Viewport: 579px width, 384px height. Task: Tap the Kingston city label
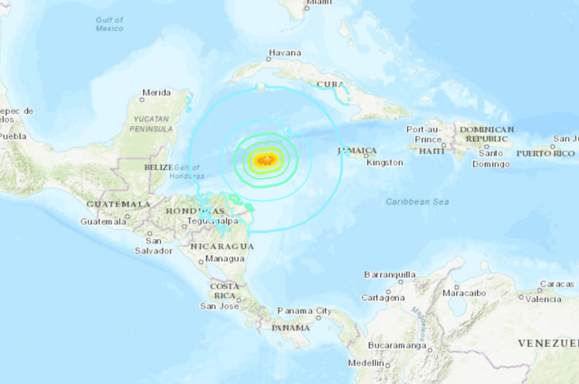click(385, 162)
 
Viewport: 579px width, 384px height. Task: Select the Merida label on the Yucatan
click(156, 91)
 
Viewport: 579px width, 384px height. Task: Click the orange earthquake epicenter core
click(265, 160)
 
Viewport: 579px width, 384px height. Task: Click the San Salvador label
click(155, 245)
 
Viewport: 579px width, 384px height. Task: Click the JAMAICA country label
click(356, 150)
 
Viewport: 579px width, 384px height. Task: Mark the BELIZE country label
click(158, 168)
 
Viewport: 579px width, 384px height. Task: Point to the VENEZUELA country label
click(547, 343)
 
